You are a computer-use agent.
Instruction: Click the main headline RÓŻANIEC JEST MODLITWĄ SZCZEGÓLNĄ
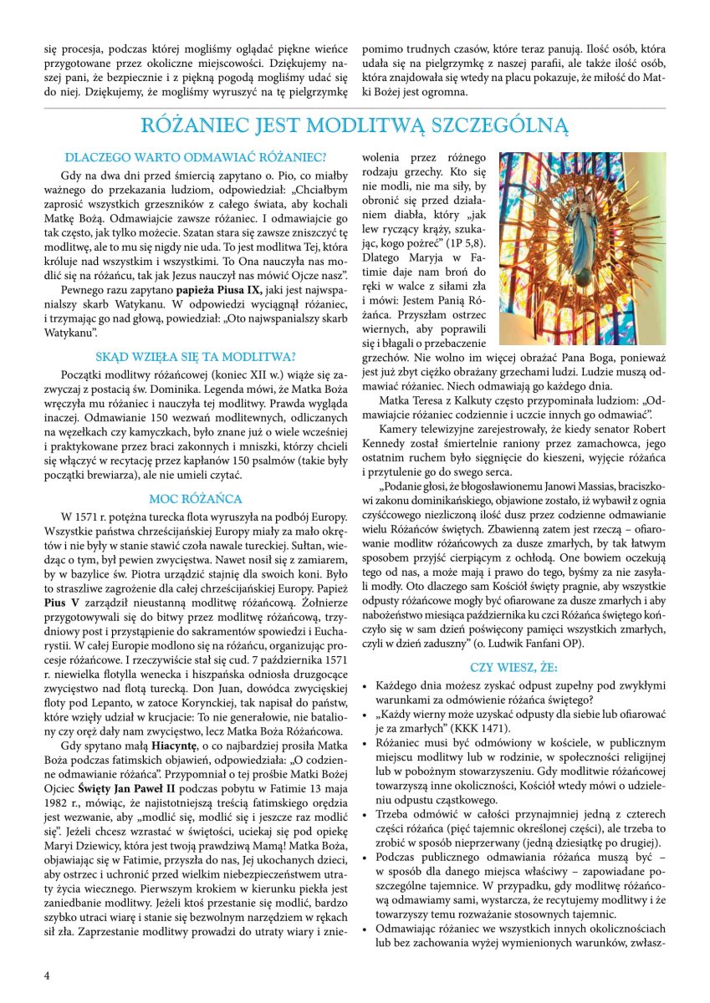(355, 126)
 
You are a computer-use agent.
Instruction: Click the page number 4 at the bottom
(47, 975)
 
